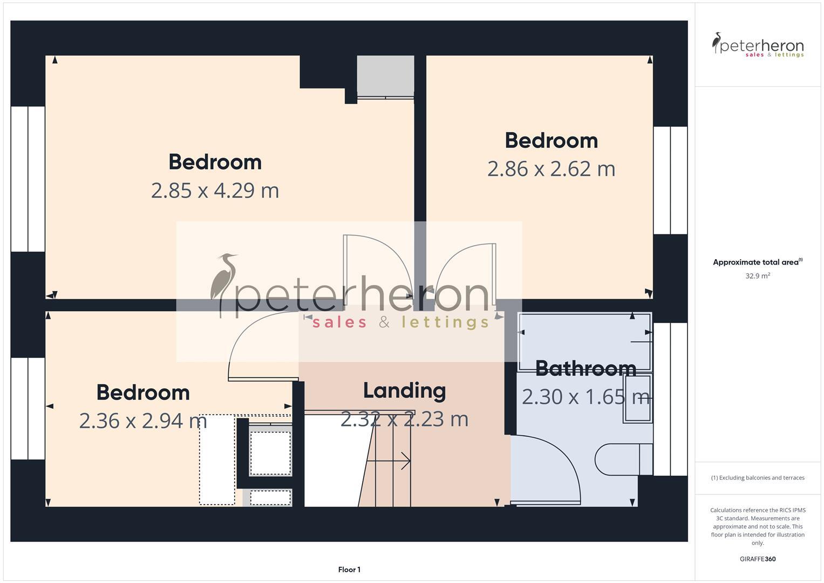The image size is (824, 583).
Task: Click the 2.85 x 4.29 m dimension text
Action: click(215, 191)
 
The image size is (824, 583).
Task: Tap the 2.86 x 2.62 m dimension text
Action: click(551, 169)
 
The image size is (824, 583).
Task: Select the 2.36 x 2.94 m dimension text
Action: click(143, 421)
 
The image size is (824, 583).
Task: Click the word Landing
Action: click(404, 390)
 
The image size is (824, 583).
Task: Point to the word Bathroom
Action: click(585, 369)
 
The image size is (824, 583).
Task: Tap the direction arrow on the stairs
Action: click(389, 461)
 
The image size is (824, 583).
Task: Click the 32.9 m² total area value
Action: click(758, 276)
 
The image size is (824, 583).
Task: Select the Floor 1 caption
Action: click(349, 570)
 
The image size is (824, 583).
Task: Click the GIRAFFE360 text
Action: click(758, 559)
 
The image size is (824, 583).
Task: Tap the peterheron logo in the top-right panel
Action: click(758, 45)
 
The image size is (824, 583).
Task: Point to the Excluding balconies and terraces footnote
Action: click(758, 478)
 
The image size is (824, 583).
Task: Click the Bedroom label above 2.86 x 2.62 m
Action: click(551, 141)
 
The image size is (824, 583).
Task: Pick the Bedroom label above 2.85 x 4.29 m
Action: click(215, 162)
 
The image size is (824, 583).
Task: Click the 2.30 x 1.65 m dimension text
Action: click(585, 397)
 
